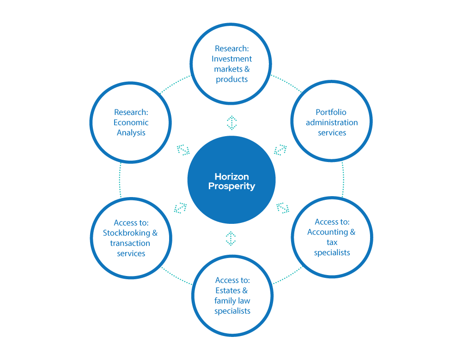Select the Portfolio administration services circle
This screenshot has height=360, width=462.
tap(332, 122)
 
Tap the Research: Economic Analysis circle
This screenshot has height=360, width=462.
tap(131, 122)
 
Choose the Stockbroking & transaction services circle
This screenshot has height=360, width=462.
tap(131, 238)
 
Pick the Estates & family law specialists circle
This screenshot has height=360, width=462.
tap(232, 295)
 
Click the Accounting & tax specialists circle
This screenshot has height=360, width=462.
tap(332, 237)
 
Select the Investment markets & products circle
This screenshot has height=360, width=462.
tap(232, 64)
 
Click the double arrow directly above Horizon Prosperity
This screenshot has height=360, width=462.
tap(231, 122)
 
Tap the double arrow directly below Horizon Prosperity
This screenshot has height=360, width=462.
tap(231, 238)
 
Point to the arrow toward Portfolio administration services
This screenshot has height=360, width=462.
tap(280, 150)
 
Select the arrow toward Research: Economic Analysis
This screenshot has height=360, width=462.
tap(183, 150)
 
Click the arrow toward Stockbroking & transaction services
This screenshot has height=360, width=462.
tap(180, 208)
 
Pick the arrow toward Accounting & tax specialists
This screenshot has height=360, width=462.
tap(283, 208)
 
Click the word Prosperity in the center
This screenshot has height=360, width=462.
tap(231, 186)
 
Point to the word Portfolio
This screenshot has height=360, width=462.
tap(331, 112)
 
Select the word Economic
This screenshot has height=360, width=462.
tap(131, 122)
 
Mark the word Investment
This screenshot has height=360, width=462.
tap(232, 59)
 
